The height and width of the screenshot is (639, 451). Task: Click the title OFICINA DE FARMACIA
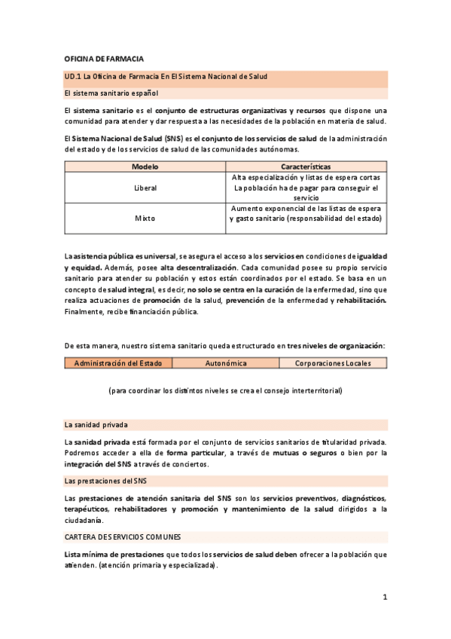pyautogui.click(x=104, y=59)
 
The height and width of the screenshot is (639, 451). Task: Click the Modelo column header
pyautogui.click(x=145, y=167)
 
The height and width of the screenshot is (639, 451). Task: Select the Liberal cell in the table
pyautogui.click(x=145, y=188)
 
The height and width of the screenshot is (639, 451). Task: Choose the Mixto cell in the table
pyautogui.click(x=145, y=219)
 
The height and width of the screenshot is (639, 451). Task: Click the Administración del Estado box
pyautogui.click(x=118, y=363)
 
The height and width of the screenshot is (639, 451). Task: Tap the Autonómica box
pyautogui.click(x=226, y=363)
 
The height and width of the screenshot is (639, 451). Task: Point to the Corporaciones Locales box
pyautogui.click(x=332, y=363)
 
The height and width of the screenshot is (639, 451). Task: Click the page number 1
pyautogui.click(x=384, y=598)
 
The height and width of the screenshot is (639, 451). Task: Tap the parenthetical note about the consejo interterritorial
pyautogui.click(x=225, y=390)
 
